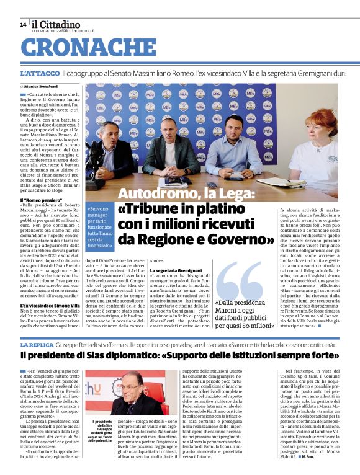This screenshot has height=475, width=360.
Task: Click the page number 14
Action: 23,25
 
